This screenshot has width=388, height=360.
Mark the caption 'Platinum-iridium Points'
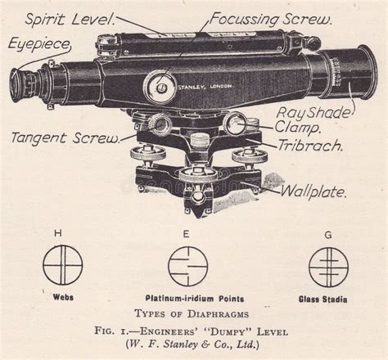pyautogui.click(x=191, y=298)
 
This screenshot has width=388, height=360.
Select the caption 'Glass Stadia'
pyautogui.click(x=327, y=298)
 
